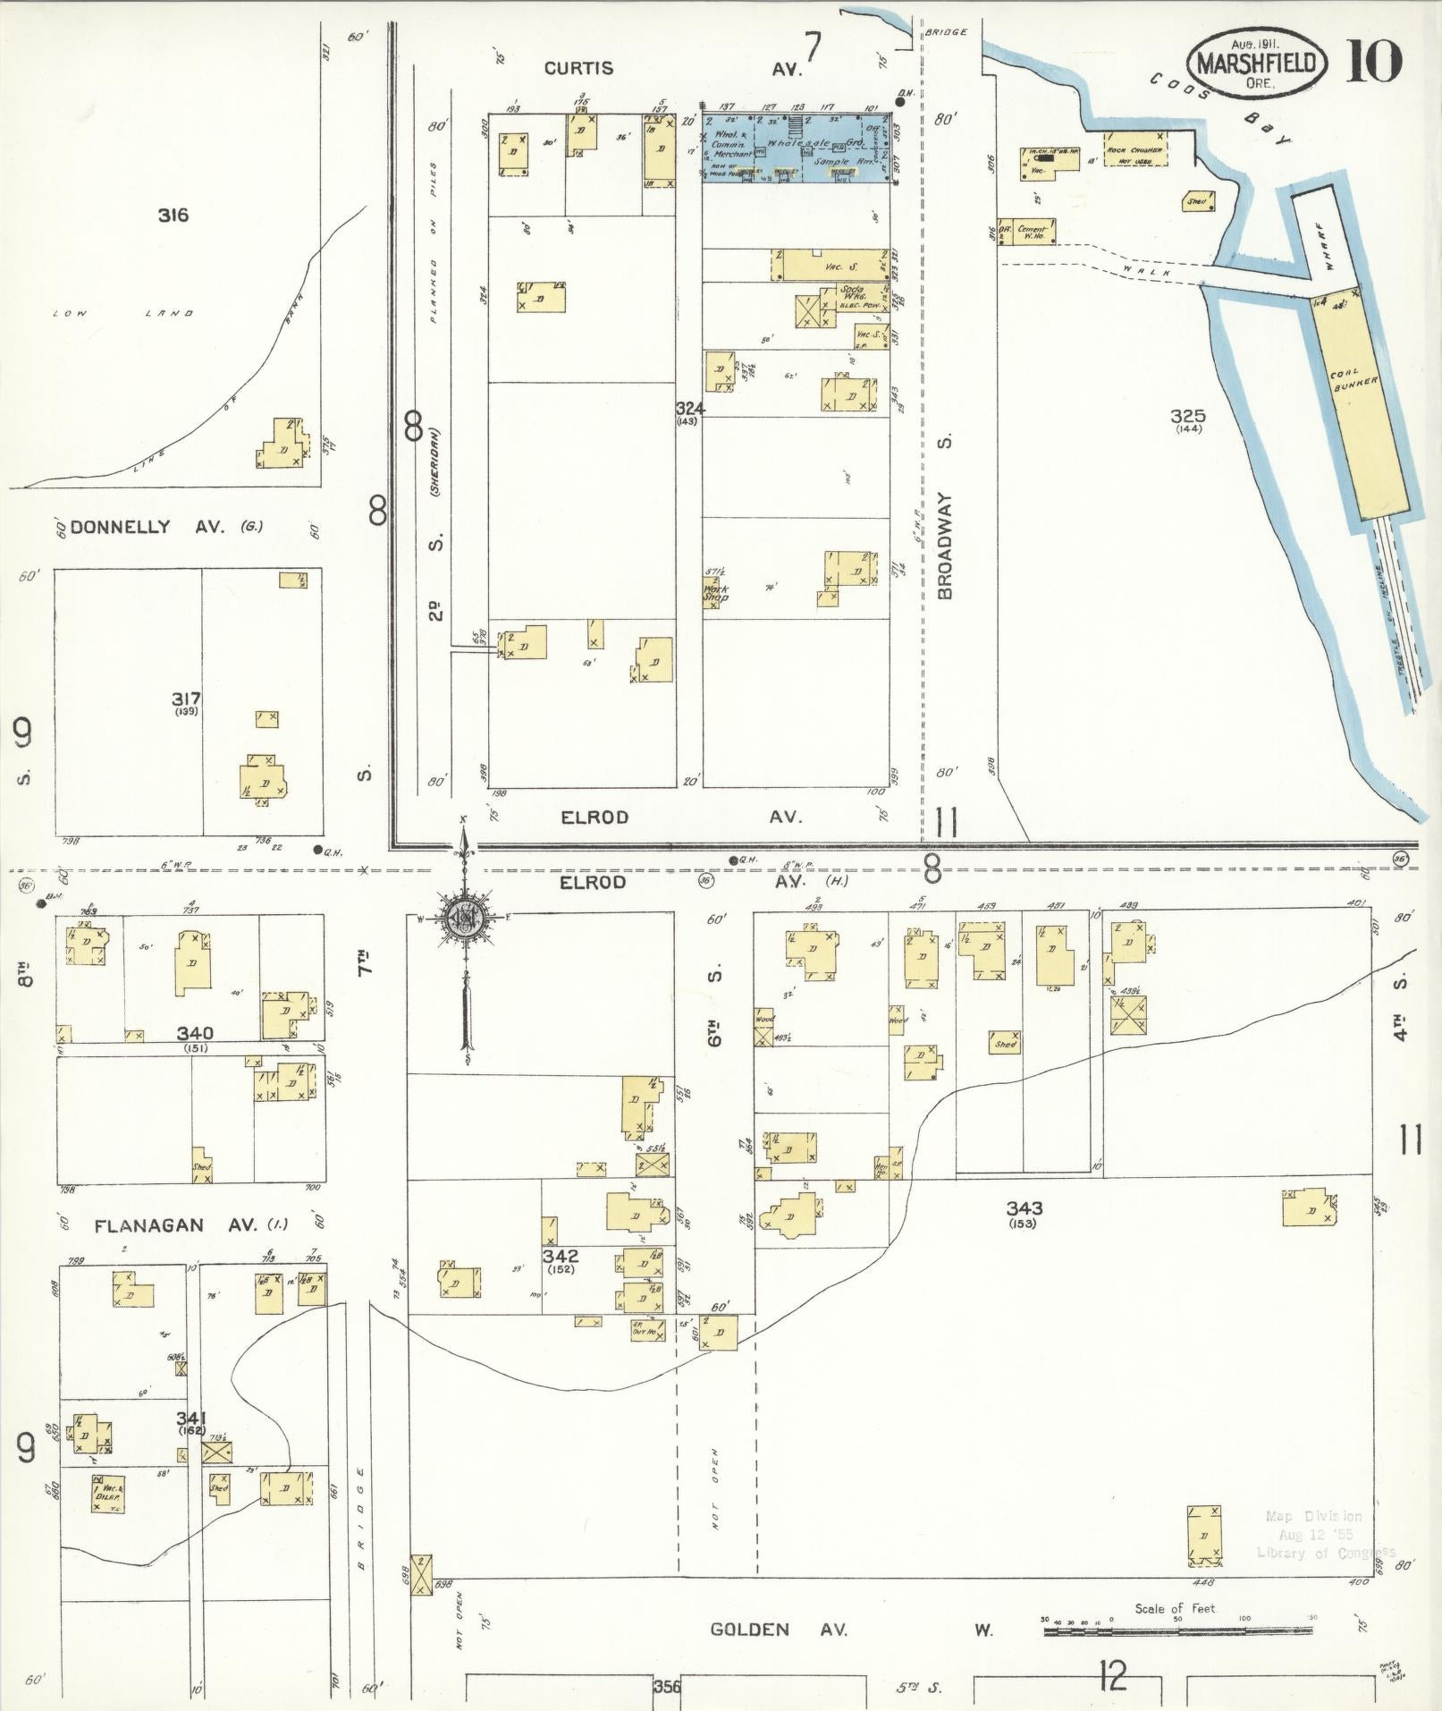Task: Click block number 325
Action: point(1188,416)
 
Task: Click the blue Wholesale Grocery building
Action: point(796,148)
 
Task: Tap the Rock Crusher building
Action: point(1134,151)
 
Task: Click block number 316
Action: point(173,215)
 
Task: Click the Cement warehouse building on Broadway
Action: point(1030,231)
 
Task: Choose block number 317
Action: point(188,699)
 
